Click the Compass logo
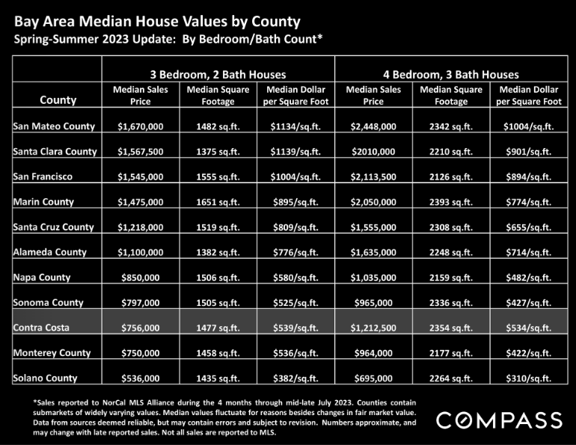click(x=499, y=420)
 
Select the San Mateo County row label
click(x=54, y=126)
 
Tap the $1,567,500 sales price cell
click(x=141, y=152)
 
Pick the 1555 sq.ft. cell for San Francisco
click(x=218, y=177)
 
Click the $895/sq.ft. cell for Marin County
click(x=295, y=202)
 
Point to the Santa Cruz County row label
click(x=53, y=227)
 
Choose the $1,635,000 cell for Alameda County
click(x=373, y=252)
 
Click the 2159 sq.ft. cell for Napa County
click(x=451, y=277)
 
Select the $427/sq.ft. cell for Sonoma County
click(x=529, y=303)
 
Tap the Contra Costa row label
click(x=41, y=328)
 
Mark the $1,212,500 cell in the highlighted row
click(x=373, y=328)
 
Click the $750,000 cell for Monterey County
click(x=141, y=353)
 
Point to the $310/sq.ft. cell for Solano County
click(x=529, y=378)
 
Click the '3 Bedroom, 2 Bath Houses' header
click(x=218, y=75)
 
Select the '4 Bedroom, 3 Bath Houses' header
click(x=451, y=75)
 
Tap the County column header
click(x=58, y=100)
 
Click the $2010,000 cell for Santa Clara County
click(x=373, y=152)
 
